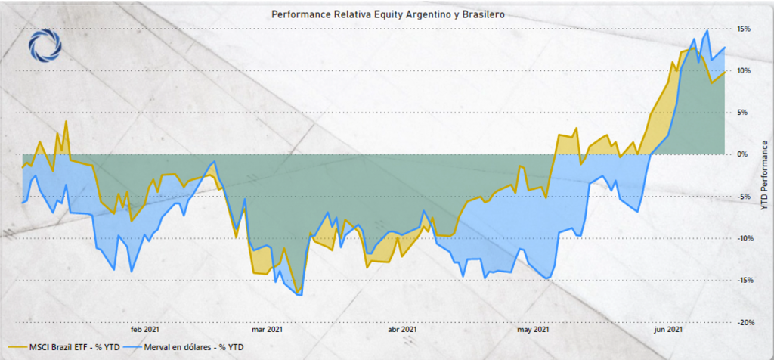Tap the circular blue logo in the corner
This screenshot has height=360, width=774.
[43, 46]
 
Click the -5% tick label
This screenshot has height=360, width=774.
[744, 197]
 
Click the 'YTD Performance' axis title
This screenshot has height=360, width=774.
[764, 175]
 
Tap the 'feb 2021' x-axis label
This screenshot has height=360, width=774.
[144, 330]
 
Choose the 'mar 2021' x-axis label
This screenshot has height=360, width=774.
[268, 330]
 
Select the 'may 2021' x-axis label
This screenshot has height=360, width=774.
[533, 330]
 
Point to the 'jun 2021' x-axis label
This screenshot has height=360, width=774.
[669, 330]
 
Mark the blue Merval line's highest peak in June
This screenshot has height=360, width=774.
[707, 31]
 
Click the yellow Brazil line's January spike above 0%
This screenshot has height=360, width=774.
[67, 121]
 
